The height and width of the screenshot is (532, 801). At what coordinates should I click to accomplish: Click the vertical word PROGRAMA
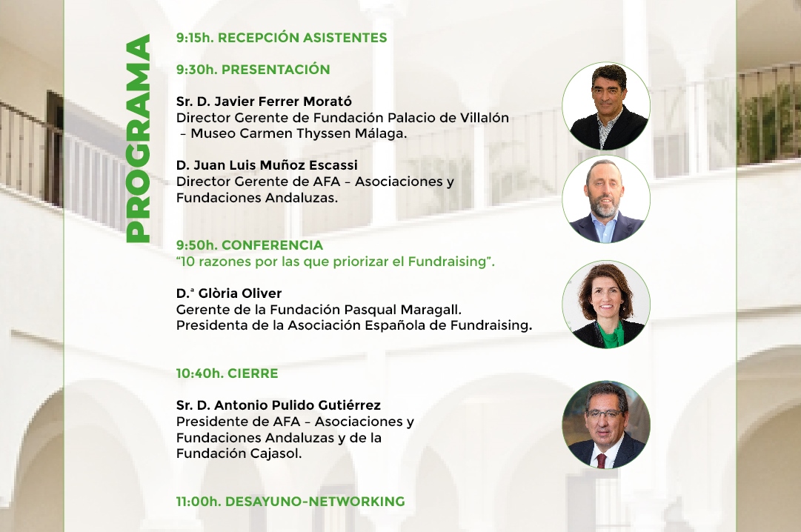pyautogui.click(x=139, y=138)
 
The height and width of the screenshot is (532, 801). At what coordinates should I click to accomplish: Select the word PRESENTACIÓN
pyautogui.click(x=276, y=70)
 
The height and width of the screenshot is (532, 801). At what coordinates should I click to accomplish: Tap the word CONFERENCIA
pyautogui.click(x=272, y=245)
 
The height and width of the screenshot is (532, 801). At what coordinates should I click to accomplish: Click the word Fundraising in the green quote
pyautogui.click(x=447, y=262)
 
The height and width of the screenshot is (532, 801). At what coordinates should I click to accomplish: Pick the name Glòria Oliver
pyautogui.click(x=239, y=293)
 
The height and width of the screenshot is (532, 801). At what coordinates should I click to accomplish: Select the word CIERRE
pyautogui.click(x=253, y=373)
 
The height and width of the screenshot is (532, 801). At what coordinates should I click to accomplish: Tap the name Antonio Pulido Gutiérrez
pyautogui.click(x=297, y=405)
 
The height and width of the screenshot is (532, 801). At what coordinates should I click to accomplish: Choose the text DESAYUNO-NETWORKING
pyautogui.click(x=315, y=502)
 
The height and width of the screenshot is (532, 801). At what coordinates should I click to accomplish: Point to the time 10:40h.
pyautogui.click(x=200, y=373)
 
